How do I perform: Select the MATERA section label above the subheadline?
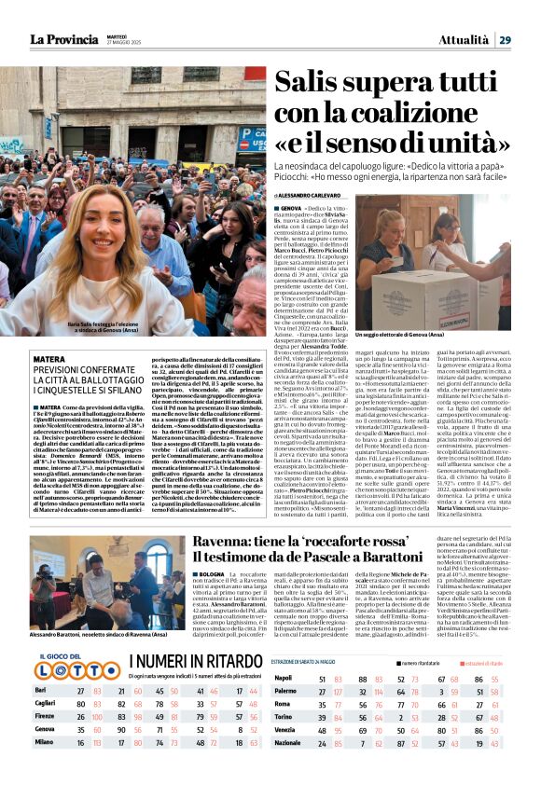[49, 359]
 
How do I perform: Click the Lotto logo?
[64, 692]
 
